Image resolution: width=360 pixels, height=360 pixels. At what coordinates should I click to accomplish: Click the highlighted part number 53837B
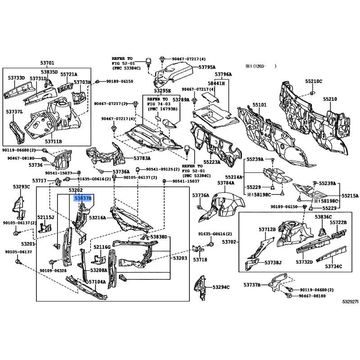(83, 198)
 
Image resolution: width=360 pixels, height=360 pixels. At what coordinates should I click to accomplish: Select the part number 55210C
(313, 81)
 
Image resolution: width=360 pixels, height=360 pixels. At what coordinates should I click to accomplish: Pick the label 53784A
(226, 183)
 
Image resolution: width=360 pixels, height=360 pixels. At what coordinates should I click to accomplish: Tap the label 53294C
(221, 287)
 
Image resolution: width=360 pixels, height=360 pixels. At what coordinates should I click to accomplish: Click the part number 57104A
(97, 282)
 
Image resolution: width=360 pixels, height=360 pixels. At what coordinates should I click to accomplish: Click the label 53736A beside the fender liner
(201, 195)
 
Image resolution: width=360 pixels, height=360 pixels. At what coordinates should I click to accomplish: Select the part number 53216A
(97, 217)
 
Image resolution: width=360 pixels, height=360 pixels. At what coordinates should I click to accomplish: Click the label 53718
(200, 260)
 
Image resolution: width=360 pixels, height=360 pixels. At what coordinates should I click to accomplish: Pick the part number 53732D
(304, 262)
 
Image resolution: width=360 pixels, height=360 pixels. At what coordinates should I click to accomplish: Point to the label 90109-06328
(53, 270)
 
